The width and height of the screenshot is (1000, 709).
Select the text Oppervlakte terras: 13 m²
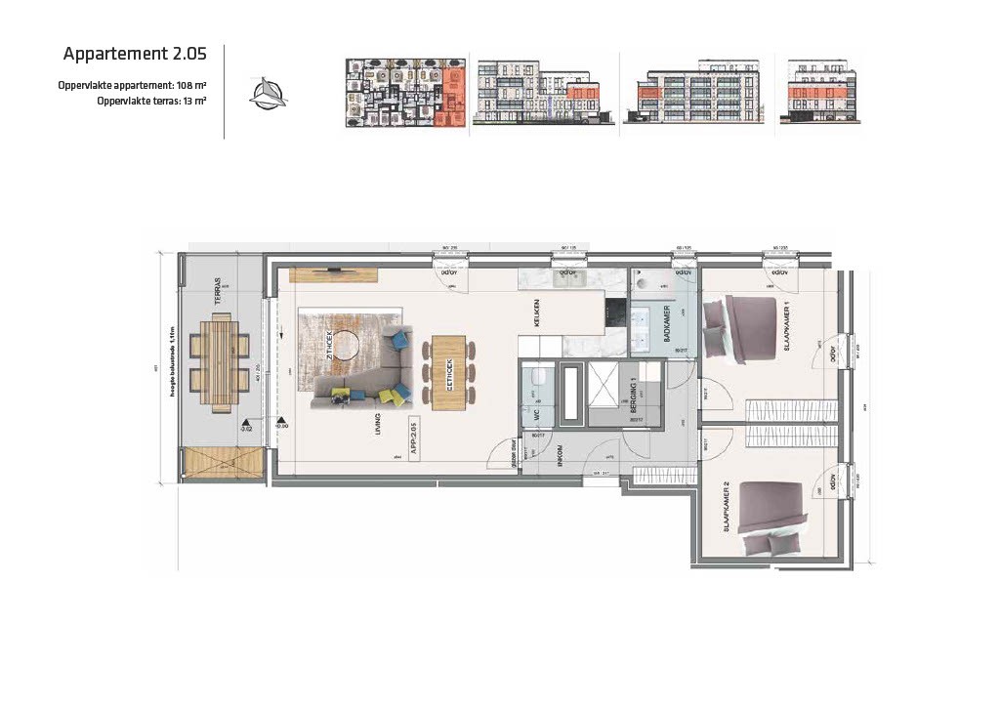point(151,101)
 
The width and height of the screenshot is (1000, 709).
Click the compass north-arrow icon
point(269,94)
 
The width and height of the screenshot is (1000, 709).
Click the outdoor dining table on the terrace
point(221,358)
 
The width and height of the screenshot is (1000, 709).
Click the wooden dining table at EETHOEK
point(449,371)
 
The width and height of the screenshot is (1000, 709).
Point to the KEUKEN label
point(536,313)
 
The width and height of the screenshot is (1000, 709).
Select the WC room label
point(536,414)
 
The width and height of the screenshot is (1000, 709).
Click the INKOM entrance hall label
point(561,458)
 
